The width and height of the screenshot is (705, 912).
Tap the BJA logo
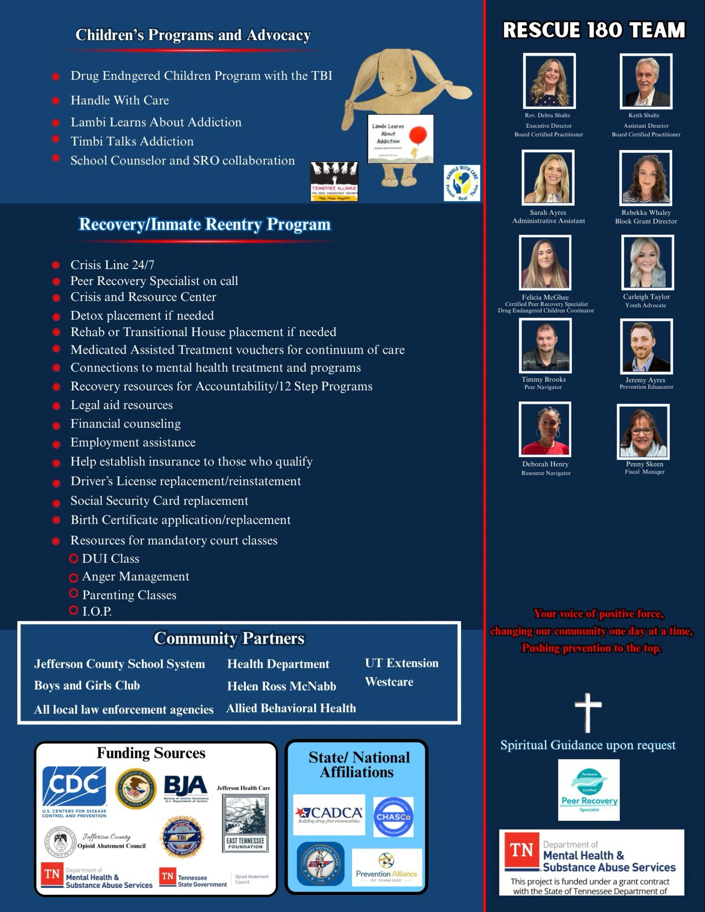tap(186, 788)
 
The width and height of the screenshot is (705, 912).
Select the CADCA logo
tap(329, 814)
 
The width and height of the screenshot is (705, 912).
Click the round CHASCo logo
tap(393, 817)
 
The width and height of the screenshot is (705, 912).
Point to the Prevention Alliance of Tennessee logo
tap(386, 868)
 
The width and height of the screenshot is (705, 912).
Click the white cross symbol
tap(588, 713)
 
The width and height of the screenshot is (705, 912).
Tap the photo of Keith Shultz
tap(646, 82)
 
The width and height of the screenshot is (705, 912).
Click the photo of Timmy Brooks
tap(545, 346)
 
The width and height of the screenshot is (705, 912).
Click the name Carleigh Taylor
tap(646, 297)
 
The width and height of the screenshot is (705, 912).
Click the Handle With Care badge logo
tap(461, 183)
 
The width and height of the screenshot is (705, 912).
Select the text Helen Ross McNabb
tap(282, 686)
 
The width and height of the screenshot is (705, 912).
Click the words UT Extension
tap(401, 663)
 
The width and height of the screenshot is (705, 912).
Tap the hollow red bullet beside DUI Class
tap(74, 558)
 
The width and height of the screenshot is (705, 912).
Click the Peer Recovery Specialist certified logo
tap(588, 790)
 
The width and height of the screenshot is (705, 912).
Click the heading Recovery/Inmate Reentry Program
tap(205, 225)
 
